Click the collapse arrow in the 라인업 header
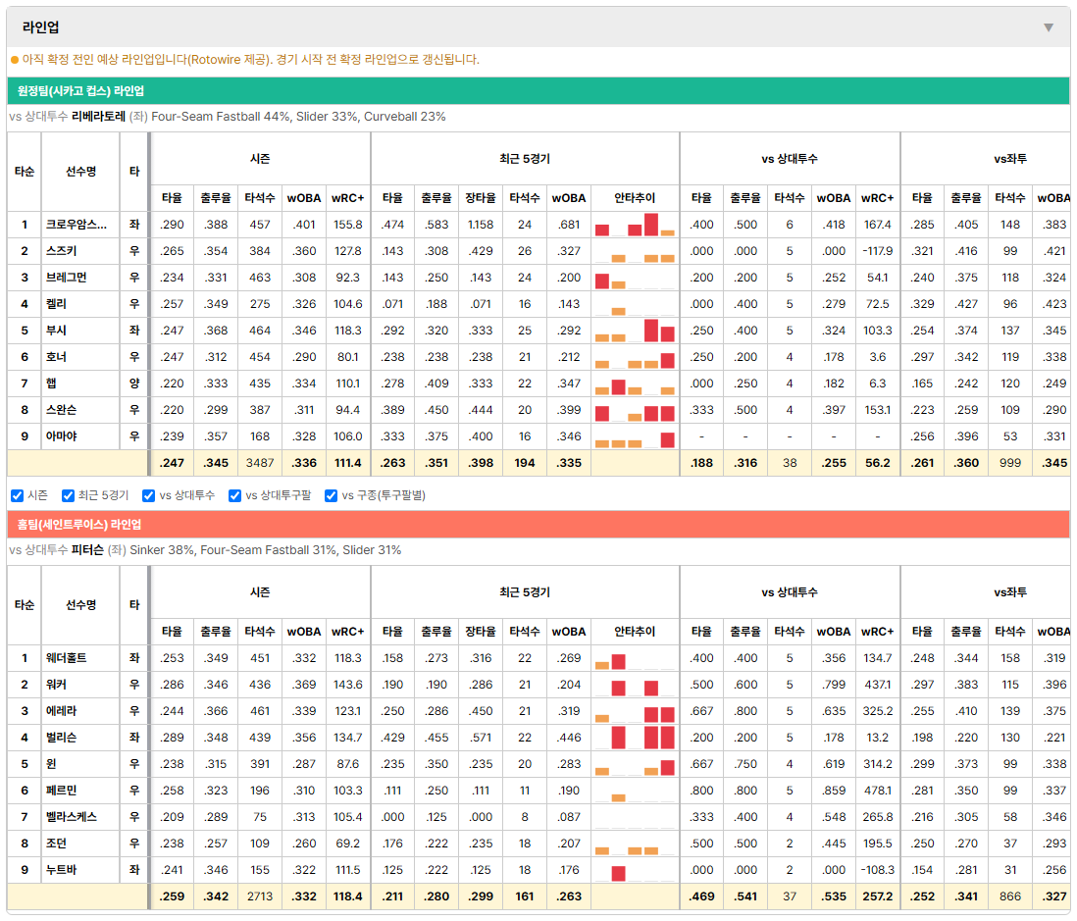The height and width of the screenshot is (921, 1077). point(1049,27)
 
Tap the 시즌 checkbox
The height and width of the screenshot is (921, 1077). point(18,496)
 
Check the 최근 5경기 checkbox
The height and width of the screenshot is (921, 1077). point(68,496)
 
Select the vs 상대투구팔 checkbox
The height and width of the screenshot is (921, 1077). point(234,496)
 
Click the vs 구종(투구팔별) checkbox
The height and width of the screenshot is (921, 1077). point(332,496)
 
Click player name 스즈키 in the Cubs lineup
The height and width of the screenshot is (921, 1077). point(61,251)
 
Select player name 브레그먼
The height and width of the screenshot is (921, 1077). point(66,278)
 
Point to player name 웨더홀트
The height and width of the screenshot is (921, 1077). point(66,658)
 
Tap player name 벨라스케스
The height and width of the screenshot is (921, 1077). point(71,817)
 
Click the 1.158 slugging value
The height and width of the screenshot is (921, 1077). point(480,225)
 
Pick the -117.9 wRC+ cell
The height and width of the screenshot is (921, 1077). point(877,251)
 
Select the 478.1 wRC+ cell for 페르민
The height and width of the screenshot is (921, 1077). point(877,791)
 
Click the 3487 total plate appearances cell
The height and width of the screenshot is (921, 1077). point(260,463)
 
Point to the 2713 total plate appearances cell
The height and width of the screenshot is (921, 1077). point(260,896)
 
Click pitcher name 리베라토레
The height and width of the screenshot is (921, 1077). point(98,117)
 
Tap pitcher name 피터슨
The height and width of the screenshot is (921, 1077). point(87,550)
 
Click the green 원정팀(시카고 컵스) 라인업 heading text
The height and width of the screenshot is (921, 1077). point(80,91)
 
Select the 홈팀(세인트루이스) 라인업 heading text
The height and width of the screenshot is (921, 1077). point(79,525)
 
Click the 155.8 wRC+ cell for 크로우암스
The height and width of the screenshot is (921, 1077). point(347,225)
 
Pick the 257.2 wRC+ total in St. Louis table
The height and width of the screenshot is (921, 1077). point(877,896)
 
